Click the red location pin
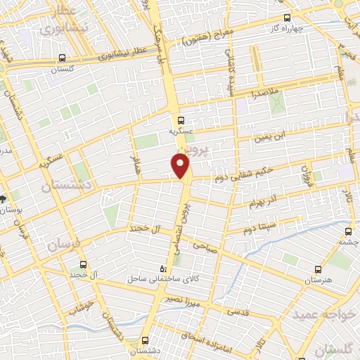coord(181,165)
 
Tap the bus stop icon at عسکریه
coord(181,120)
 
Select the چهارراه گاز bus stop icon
coord(285,18)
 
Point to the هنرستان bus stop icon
coord(319,269)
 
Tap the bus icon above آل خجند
coord(84,264)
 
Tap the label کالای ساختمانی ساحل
coord(155,279)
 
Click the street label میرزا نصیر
coord(194,300)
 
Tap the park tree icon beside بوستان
coord(4,199)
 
